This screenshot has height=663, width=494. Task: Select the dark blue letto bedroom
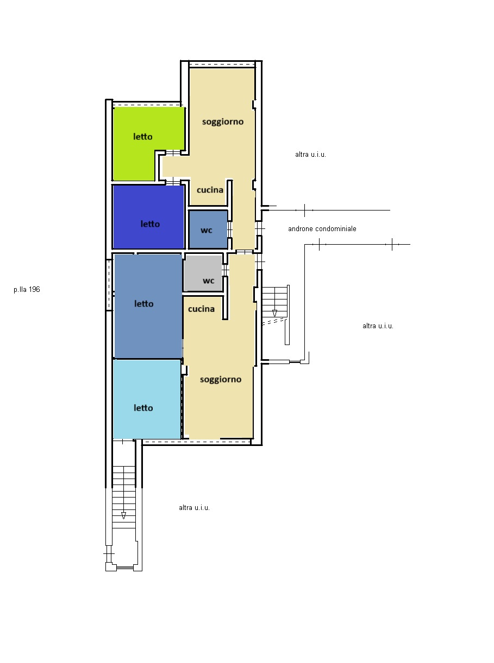coord(148,216)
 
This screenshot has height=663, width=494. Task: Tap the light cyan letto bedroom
coord(147,399)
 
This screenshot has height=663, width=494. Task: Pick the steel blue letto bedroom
coord(148,306)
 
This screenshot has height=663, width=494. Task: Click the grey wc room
coord(203,273)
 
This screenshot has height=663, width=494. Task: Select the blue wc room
coord(208,229)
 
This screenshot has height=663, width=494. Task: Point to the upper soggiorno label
coord(223,122)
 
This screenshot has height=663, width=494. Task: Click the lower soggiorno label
coord(221,380)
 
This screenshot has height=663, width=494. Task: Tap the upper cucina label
coord(210,190)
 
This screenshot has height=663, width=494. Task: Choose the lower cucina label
coord(201,309)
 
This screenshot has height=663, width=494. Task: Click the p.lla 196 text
coord(27,289)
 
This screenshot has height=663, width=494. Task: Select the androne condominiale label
coord(322,228)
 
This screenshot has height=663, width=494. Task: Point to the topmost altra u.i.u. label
coord(310,155)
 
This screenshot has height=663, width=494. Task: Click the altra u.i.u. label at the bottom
coord(194,508)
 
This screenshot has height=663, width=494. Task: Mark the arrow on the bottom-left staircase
coord(123,515)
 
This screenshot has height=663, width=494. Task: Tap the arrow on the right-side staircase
coord(274,313)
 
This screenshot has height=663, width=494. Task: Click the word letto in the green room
coord(143,137)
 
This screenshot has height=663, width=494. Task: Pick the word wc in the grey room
coord(209,280)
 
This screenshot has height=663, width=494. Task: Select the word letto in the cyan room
coord(143,407)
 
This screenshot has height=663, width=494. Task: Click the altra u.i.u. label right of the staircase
coord(378,326)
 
